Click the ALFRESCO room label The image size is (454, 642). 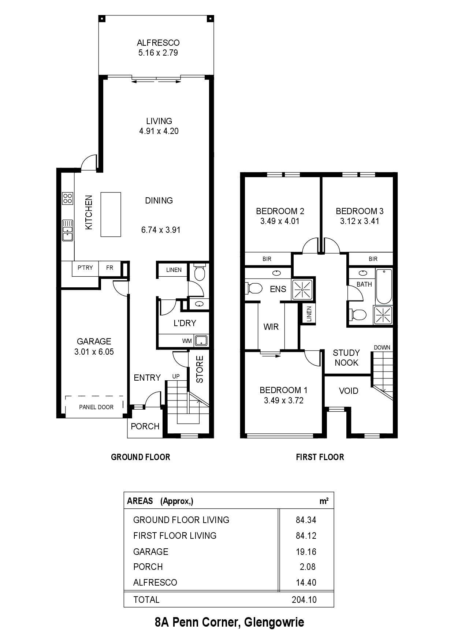coord(158,43)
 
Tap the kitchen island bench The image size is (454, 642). coord(111,214)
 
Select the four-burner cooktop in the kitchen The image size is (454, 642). coord(67,198)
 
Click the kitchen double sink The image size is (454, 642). coord(68,230)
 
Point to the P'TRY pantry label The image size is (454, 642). coord(85,268)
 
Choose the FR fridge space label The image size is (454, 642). coord(109,268)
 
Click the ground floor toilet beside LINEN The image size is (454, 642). coord(200,272)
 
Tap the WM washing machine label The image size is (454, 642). coord(187,341)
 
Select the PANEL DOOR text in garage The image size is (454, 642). coord(96,407)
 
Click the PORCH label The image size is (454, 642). coord(145,426)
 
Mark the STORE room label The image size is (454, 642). coord(200,369)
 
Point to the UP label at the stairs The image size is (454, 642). coord(176,376)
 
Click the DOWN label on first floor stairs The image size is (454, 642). coord(382,347)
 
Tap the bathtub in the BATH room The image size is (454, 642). coord(384,286)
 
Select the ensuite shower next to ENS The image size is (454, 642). coord(302,290)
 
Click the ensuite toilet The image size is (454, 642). coord(254,288)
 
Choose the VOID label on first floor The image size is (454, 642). coord(349,391)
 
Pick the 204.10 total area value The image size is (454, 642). coord(304,600)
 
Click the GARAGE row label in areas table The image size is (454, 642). coord(151,552)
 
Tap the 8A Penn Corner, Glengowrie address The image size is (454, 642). coord(229,622)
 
